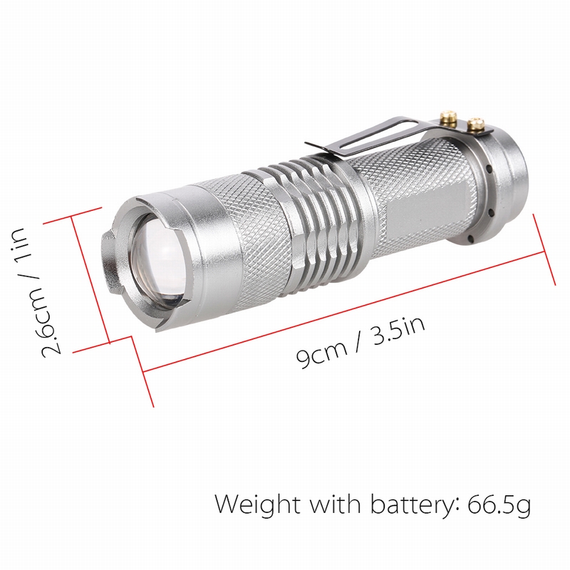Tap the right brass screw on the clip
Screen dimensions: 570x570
(476, 126)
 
